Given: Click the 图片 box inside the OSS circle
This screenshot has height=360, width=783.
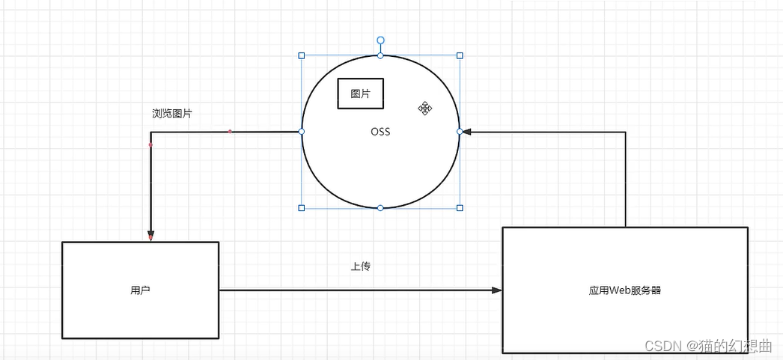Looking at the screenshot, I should pos(360,94).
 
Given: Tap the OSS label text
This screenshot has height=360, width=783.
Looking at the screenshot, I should pos(380,132).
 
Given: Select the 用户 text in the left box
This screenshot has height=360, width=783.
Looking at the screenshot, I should pos(140,290).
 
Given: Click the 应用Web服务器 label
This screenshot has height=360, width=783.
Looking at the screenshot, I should pos(625,290).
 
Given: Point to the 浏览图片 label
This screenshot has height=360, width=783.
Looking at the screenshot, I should pos(171,114).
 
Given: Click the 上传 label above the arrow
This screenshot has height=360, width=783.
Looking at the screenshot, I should pos(360,266).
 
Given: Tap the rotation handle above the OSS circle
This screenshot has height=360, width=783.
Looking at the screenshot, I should pos(380,40).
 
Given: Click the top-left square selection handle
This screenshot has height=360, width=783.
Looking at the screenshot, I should pos(302,55).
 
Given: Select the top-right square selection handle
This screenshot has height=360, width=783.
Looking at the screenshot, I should pos(460,55).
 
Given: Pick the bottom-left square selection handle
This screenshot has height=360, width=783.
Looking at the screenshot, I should pos(302,207).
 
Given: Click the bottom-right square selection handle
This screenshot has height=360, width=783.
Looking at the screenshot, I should pos(460,207).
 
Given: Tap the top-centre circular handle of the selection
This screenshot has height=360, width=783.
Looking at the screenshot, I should pos(380,55).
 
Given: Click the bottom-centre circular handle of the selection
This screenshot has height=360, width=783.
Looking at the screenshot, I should pos(380,207).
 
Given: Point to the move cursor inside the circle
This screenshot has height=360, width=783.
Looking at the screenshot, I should pos(425,109).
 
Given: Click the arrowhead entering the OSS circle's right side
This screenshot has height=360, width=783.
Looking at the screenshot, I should pos(466,132).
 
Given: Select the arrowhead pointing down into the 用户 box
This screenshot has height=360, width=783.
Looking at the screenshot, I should pos(150,237).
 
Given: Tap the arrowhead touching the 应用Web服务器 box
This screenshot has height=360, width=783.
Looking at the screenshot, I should pos(496,290).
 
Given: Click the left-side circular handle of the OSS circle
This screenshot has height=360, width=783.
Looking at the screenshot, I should pos(302,132).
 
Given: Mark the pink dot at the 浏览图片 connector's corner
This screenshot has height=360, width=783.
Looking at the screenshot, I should pos(150,144).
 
